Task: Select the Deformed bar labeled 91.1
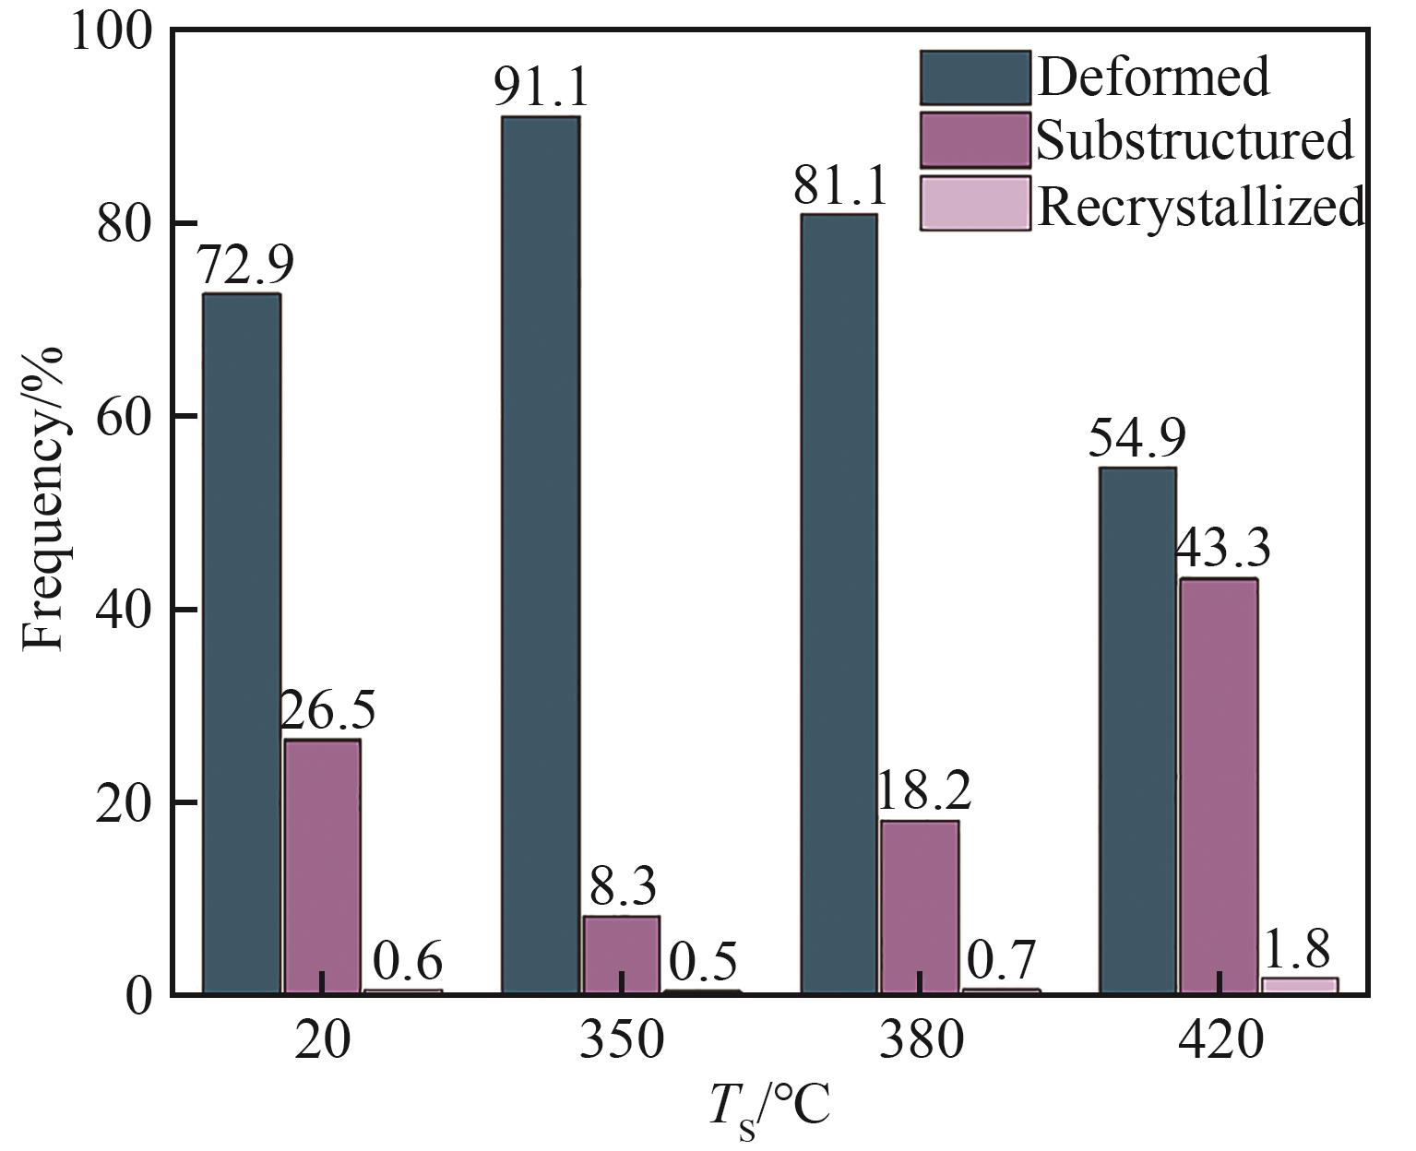(x=540, y=554)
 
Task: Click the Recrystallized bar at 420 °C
(x=1299, y=985)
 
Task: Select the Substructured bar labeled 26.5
(x=321, y=866)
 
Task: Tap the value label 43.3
(x=1222, y=551)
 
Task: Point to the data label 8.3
(x=623, y=888)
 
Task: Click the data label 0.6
(x=408, y=963)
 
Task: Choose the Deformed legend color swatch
(x=974, y=77)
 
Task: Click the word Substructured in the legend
(x=1196, y=141)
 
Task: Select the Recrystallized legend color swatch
(x=974, y=203)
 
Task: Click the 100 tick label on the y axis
(x=110, y=32)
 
